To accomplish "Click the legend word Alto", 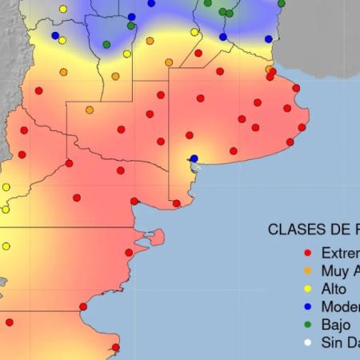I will coord(334,289).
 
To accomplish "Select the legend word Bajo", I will coord(335,325).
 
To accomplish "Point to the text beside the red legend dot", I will coord(340,253).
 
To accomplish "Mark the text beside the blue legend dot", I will coord(340,306).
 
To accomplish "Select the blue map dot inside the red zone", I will coord(194,158).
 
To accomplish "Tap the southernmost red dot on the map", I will coord(116,347).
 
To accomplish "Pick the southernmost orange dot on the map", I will coord(90,110).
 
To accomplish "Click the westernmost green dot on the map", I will coord(106,45).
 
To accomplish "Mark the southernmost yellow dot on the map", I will coord(6,246).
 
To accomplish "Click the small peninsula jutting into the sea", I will coord(157,236).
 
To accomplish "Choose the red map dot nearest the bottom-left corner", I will coord(10,322).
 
